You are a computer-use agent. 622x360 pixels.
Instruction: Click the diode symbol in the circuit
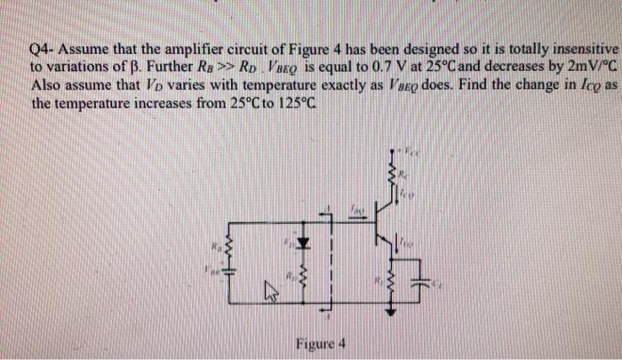302,241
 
